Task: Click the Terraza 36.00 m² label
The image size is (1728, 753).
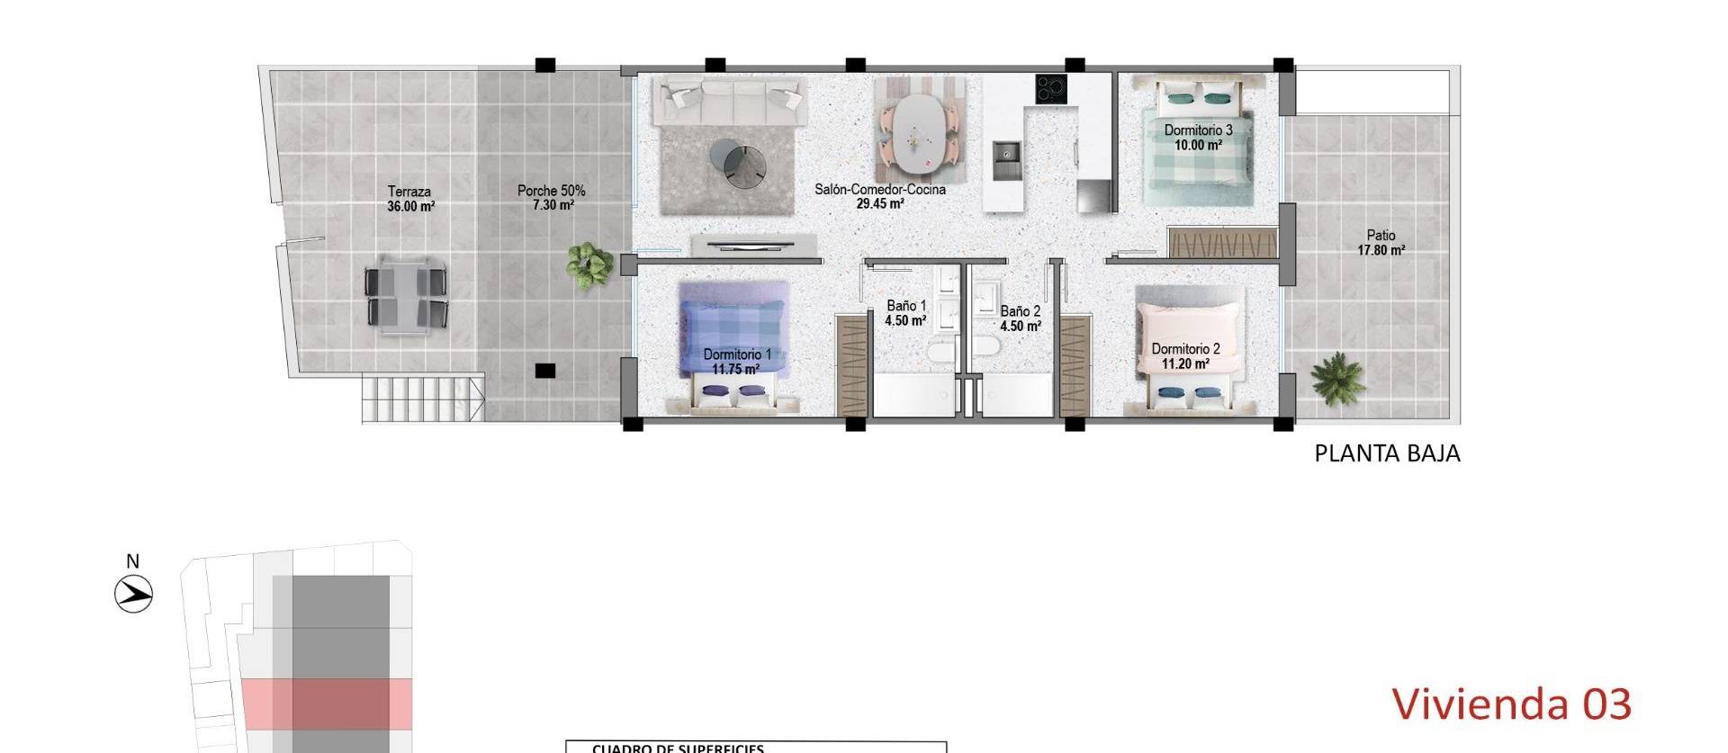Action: (x=410, y=199)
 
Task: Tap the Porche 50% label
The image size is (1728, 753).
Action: (x=552, y=198)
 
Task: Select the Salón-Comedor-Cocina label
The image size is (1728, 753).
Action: (x=879, y=197)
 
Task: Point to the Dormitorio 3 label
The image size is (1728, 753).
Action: (x=1198, y=137)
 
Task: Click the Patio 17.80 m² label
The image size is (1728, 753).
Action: (x=1381, y=243)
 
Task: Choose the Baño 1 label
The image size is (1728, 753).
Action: (x=905, y=313)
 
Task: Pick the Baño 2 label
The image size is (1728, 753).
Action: (x=1020, y=318)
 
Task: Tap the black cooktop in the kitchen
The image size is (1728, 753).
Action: (x=1050, y=88)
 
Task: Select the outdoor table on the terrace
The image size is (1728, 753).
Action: (x=406, y=297)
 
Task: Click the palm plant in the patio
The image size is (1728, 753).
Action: (x=1336, y=377)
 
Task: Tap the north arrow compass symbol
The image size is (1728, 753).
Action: (x=134, y=594)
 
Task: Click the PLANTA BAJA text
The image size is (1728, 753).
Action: (x=1386, y=453)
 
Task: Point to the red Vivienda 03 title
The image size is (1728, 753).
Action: (x=1511, y=704)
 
